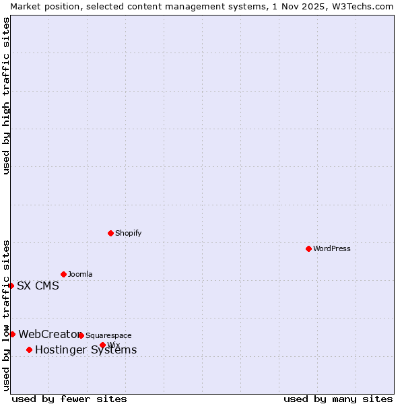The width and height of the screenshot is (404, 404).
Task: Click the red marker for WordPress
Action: click(308, 248)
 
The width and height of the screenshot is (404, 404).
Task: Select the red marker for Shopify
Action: click(110, 233)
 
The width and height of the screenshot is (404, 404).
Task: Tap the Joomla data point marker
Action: click(63, 274)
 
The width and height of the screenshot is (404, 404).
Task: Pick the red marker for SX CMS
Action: click(11, 285)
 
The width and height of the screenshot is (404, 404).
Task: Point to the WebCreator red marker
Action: click(12, 334)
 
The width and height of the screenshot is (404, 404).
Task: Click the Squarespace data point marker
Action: click(81, 335)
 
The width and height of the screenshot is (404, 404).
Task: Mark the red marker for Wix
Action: click(102, 345)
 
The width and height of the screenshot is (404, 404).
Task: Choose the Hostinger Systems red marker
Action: click(29, 349)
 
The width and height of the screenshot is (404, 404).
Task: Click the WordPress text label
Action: click(331, 248)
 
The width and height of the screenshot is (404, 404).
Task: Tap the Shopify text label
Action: click(128, 233)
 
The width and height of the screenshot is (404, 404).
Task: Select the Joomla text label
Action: click(80, 274)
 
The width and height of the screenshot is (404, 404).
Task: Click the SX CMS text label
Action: click(38, 285)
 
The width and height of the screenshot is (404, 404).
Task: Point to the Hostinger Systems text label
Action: click(86, 349)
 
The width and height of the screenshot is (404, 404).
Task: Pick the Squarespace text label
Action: click(108, 335)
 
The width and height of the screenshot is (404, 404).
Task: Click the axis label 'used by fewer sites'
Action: click(69, 399)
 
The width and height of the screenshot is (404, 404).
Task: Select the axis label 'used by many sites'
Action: click(338, 399)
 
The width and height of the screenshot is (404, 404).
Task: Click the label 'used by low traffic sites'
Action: click(6, 315)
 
